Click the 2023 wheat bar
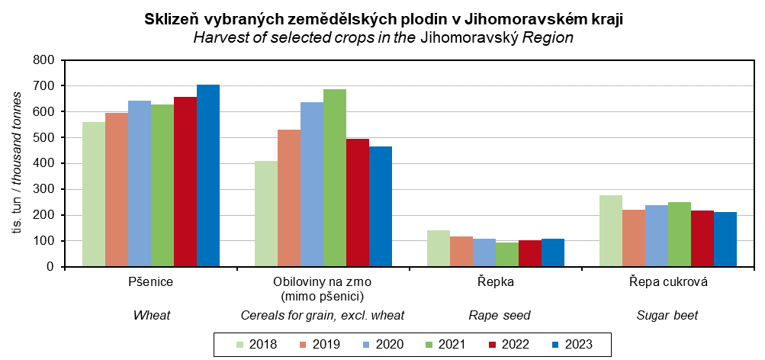click(x=208, y=175)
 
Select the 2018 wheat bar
click(x=94, y=194)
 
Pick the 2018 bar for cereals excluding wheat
click(x=265, y=214)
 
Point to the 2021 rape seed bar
click(x=506, y=255)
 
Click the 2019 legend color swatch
click(x=288, y=345)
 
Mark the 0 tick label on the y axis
click(x=50, y=267)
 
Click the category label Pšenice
click(x=151, y=282)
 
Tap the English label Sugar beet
click(x=667, y=315)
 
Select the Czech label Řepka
click(x=496, y=282)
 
